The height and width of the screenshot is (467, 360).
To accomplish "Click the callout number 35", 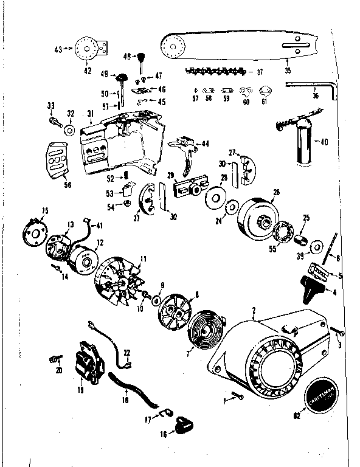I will click(x=288, y=71).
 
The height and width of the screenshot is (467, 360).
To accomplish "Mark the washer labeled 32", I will click(x=71, y=131).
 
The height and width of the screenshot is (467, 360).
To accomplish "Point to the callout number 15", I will click(x=44, y=211).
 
